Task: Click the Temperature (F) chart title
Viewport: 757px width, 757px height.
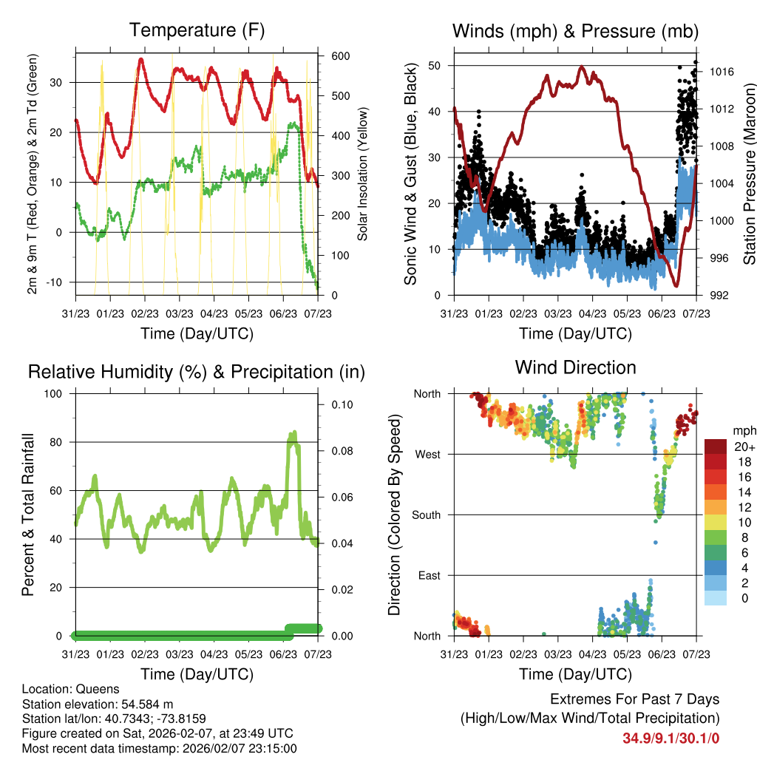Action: pos(197,30)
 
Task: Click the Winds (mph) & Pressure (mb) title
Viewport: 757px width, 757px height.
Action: pos(575,31)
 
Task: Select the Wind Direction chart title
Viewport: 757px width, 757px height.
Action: pos(575,367)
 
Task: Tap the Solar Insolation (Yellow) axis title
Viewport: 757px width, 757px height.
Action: pos(363,174)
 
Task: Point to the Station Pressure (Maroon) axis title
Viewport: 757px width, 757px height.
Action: pos(749,174)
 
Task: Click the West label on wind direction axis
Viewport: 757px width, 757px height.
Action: pos(427,455)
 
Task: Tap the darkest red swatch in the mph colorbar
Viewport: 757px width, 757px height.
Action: pos(717,447)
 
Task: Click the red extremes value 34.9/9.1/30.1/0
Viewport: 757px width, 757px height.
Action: pos(671,738)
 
